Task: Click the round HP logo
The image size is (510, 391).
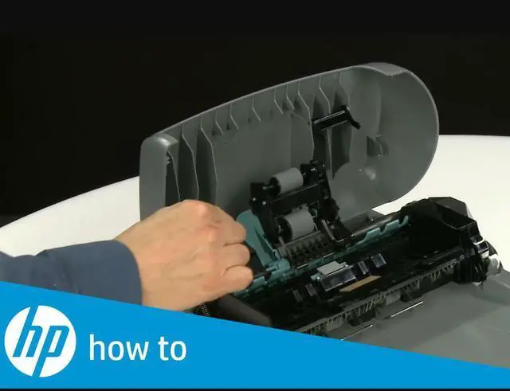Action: click(41, 341)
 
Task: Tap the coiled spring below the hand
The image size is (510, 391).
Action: click(203, 310)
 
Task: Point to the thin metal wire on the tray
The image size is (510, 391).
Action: click(407, 310)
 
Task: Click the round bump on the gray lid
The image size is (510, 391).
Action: click(368, 173)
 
